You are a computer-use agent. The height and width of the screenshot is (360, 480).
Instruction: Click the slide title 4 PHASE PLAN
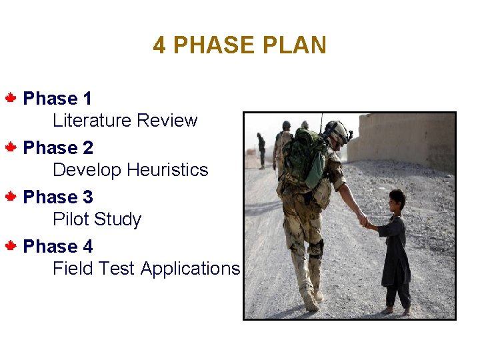[239, 45]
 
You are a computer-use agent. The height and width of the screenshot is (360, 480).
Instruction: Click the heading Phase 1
[57, 99]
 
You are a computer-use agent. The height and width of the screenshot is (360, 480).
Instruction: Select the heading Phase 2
[58, 148]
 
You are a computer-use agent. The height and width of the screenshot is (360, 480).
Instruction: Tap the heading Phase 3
[58, 197]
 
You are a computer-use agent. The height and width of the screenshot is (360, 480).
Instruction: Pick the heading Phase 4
[58, 247]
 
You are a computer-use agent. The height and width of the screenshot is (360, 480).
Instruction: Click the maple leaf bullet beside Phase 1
[11, 99]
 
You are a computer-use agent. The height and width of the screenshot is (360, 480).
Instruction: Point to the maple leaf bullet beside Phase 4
[11, 247]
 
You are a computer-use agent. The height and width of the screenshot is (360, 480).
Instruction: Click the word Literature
[92, 121]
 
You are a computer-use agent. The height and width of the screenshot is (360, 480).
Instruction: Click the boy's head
[397, 199]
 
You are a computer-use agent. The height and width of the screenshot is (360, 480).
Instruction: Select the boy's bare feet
[397, 310]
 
